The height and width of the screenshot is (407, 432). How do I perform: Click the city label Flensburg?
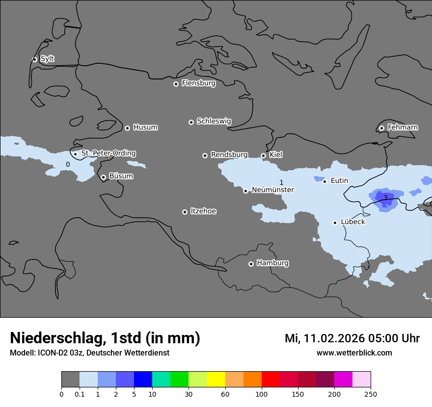(198, 83)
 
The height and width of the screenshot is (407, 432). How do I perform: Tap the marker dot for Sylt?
(35, 59)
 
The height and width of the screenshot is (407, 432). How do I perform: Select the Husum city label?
(145, 127)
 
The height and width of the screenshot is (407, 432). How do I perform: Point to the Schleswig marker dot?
(191, 122)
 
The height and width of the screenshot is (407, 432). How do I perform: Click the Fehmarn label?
(403, 127)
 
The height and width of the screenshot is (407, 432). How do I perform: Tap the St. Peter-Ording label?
(108, 153)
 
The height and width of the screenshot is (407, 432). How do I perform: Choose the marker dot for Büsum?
(103, 177)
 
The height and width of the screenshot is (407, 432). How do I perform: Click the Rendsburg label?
(229, 155)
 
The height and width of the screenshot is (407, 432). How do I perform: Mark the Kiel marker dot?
(263, 155)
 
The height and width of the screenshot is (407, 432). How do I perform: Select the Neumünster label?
(272, 190)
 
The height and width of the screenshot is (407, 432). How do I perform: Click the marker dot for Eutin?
(324, 181)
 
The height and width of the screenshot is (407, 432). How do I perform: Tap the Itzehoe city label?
(203, 211)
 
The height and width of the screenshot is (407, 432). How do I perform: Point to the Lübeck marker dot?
(335, 223)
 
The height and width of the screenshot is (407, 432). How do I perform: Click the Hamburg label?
(272, 263)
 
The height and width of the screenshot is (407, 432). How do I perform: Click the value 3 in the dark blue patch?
(385, 198)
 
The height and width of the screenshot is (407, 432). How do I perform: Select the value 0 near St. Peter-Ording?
(68, 164)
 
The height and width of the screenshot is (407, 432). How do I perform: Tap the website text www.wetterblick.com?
(354, 353)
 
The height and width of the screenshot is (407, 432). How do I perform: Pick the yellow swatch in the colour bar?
(216, 380)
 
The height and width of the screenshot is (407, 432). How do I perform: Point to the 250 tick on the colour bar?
(370, 394)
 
